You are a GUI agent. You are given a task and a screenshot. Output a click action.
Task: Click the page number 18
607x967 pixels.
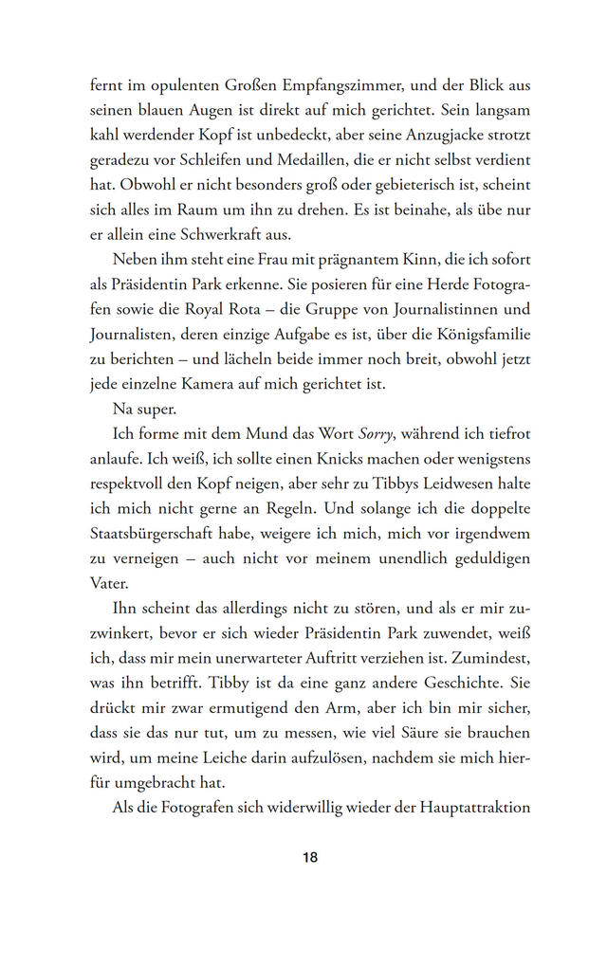pyautogui.click(x=310, y=858)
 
